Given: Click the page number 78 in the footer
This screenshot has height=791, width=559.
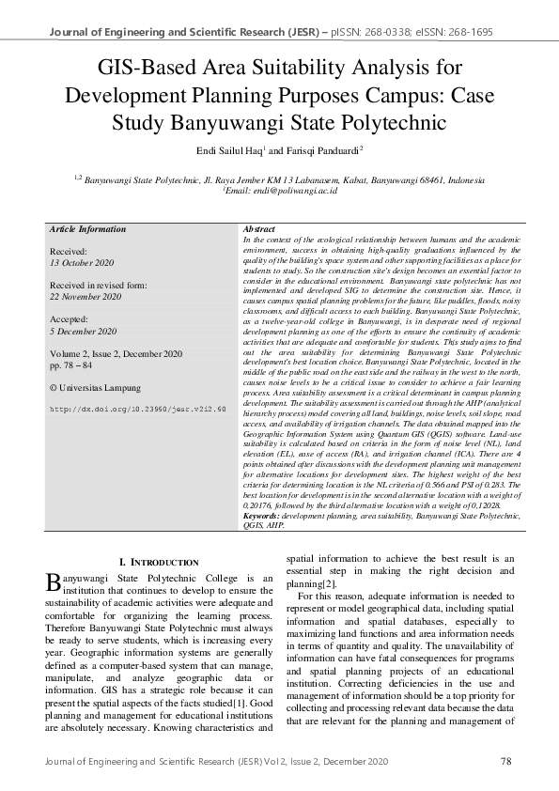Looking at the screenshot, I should (x=505, y=761).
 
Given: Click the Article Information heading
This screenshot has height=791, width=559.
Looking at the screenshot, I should (x=87, y=229).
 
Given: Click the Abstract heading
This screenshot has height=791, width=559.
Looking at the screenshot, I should (x=258, y=229).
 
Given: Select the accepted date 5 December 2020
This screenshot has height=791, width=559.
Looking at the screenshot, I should (x=84, y=332).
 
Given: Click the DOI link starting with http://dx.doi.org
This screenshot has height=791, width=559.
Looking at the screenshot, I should (x=137, y=410).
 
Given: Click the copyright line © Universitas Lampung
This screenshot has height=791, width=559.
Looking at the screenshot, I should (x=95, y=387).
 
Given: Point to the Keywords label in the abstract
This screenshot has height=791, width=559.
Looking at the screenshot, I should (x=261, y=516).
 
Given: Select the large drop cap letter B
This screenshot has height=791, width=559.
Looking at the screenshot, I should (x=55, y=583).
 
